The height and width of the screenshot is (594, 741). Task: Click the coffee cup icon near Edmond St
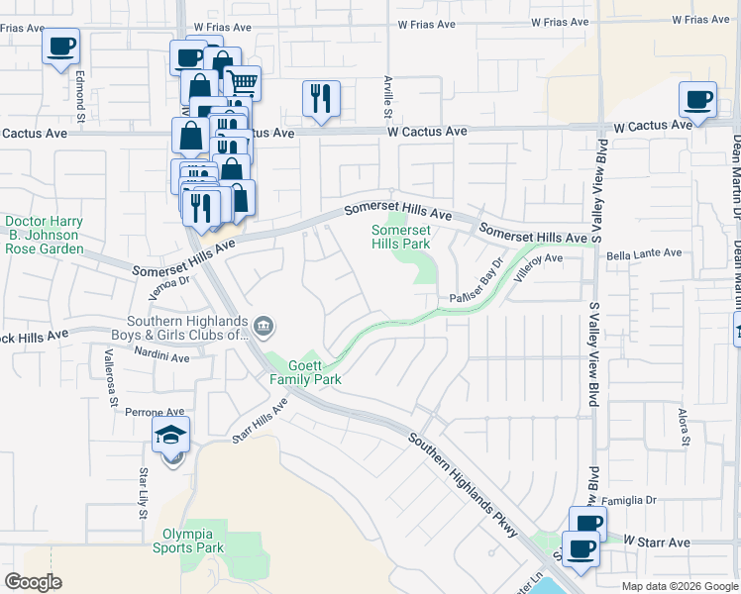(61, 46)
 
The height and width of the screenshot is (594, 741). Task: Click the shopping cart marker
(242, 83)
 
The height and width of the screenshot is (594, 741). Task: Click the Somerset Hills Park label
(400, 237)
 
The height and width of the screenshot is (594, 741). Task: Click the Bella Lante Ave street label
(644, 254)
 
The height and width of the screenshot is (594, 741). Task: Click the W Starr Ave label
(657, 542)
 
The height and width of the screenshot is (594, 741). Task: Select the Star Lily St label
(144, 493)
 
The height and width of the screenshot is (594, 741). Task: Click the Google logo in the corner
(34, 582)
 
